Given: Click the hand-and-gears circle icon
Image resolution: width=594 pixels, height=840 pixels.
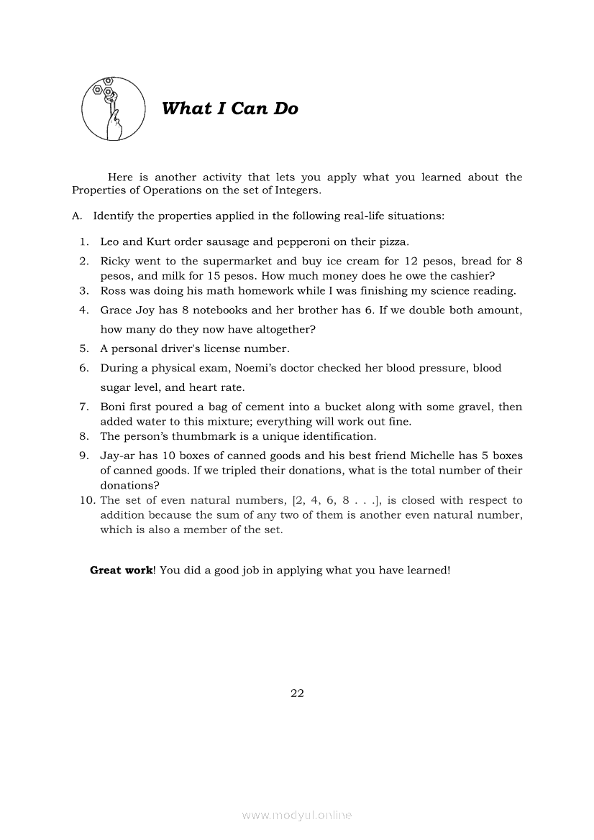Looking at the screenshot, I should (x=108, y=109).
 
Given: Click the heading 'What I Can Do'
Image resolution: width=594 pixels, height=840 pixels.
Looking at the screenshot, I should (x=230, y=109).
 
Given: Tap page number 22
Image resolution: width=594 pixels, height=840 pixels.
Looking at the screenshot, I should (x=297, y=693).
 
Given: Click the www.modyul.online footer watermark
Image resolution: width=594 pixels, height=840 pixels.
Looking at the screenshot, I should (x=297, y=815).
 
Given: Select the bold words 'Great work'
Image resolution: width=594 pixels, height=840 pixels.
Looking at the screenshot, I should (x=121, y=570).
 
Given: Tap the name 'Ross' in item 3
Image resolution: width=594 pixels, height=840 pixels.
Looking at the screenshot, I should (x=114, y=290).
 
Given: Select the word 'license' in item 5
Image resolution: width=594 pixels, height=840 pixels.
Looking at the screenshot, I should (x=228, y=349).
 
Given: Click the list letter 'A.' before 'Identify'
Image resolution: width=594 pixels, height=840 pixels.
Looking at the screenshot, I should (x=78, y=216).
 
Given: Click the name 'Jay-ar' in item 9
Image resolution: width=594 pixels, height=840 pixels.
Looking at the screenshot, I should (x=116, y=456).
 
